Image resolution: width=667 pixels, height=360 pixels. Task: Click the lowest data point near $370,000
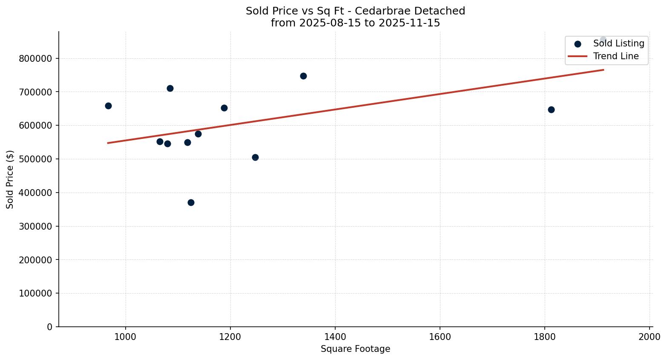pos(191,202)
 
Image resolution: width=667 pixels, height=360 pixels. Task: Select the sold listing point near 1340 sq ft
pos(303,76)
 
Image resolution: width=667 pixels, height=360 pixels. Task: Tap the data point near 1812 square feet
pos(551,109)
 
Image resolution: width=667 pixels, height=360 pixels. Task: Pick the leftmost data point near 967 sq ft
pos(108,106)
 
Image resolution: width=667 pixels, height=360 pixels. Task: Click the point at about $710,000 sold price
pos(170,88)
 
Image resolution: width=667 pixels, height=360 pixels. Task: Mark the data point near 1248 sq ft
pos(255,157)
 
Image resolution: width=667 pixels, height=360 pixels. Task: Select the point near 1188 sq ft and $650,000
pos(224,108)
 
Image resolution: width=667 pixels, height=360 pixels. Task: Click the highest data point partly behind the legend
pos(603,40)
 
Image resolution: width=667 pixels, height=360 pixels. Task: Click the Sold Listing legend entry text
pos(618,43)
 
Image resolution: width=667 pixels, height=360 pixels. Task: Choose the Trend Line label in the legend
pos(616,56)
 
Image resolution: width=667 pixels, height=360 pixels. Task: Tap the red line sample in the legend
pos(578,56)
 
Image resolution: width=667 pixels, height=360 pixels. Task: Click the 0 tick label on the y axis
pos(49,327)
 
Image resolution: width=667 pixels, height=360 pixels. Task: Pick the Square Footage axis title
pos(355,349)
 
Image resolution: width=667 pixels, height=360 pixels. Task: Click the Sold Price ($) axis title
pos(10,179)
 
